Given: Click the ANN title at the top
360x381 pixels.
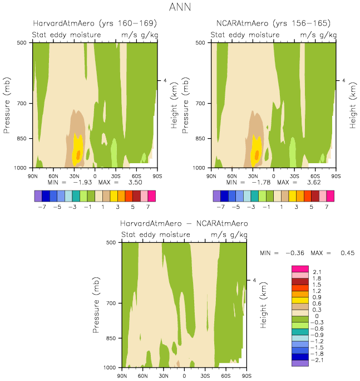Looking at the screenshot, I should coord(180,8).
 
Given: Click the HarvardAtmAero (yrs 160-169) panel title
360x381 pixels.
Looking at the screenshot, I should coord(94,23).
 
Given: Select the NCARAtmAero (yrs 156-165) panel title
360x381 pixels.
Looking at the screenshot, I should coord(273,23).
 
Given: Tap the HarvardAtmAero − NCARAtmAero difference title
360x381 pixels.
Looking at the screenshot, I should coord(184,223).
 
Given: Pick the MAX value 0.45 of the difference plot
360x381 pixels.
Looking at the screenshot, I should coord(347,252).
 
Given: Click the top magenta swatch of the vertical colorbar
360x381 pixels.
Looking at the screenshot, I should coord(299,270).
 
